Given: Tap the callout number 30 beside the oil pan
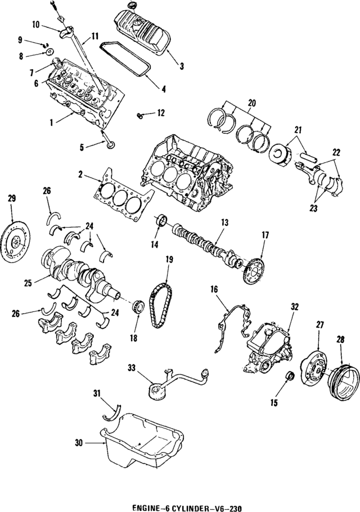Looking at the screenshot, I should pyautogui.click(x=80, y=443).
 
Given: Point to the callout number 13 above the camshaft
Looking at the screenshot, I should pyautogui.click(x=224, y=223).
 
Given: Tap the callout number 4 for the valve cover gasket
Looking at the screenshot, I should pyautogui.click(x=163, y=88).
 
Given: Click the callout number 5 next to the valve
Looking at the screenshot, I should pyautogui.click(x=82, y=148).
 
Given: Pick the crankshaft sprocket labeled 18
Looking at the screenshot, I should pyautogui.click(x=137, y=307).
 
